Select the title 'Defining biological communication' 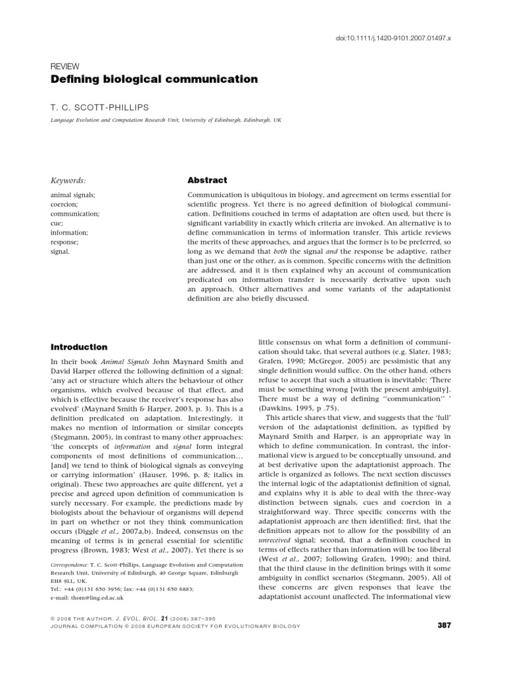[145, 80]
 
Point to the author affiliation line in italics [166, 122]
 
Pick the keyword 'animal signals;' [72, 195]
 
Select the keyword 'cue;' [57, 223]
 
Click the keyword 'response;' [65, 242]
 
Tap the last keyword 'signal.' [61, 251]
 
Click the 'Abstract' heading [208, 180]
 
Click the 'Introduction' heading [79, 347]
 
